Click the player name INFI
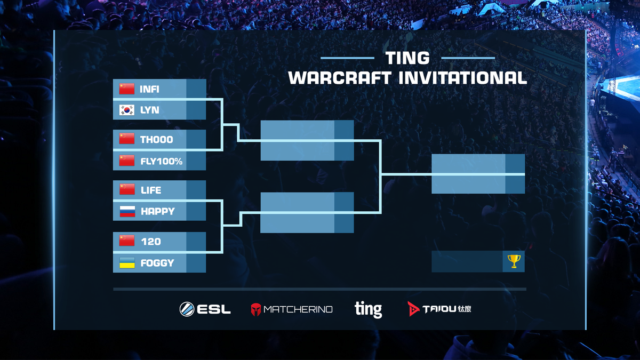[x=149, y=89]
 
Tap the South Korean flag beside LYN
[x=127, y=110]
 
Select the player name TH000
[x=156, y=139]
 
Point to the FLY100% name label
[x=162, y=161]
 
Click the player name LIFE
[x=151, y=190]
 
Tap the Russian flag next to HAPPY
[x=127, y=211]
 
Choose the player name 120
[x=151, y=242]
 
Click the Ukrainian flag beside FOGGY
[x=127, y=262]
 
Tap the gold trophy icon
[x=514, y=261]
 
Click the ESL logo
[x=205, y=309]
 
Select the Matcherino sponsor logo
[x=292, y=309]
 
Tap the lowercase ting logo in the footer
[x=369, y=309]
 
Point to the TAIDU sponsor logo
[x=439, y=309]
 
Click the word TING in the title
[x=407, y=58]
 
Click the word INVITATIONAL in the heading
[x=463, y=78]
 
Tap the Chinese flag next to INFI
[x=127, y=89]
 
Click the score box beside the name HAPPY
[x=196, y=211]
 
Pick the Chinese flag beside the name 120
[x=127, y=241]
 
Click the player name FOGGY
[x=157, y=263]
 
